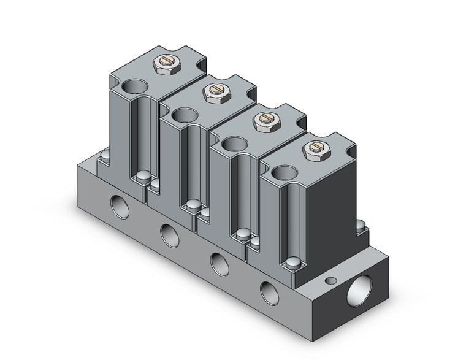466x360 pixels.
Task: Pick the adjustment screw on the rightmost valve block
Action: [313, 147]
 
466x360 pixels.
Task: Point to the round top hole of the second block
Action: [184, 115]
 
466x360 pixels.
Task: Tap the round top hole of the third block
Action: [233, 145]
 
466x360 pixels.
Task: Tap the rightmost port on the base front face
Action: [267, 290]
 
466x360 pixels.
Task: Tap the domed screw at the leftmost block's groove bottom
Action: [143, 177]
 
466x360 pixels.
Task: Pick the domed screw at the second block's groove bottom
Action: [193, 205]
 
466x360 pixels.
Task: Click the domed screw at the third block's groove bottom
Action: [243, 234]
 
